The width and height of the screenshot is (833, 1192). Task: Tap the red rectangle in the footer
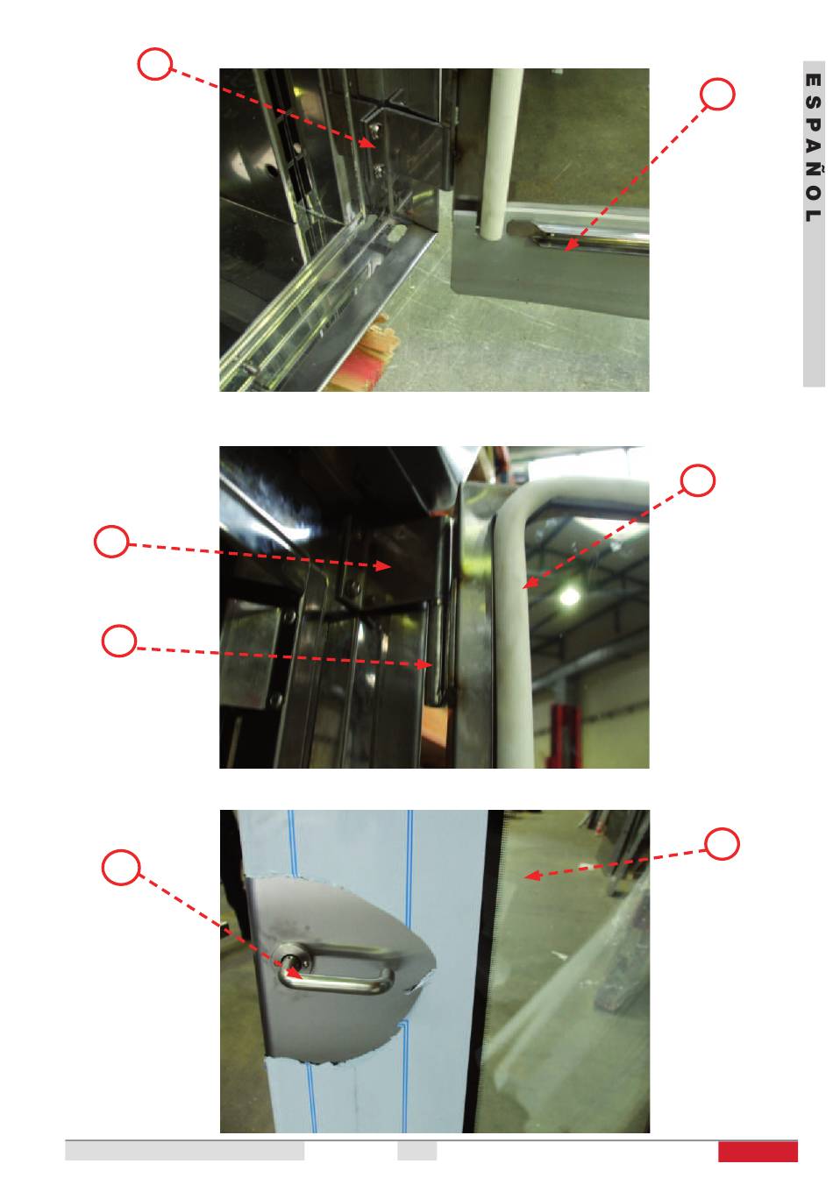tap(757, 1151)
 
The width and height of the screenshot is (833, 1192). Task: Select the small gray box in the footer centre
tap(416, 1151)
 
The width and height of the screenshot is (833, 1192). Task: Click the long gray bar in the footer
tap(184, 1151)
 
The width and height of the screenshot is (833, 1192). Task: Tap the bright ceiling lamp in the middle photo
tap(568, 597)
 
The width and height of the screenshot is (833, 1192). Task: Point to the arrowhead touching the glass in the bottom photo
tap(532, 875)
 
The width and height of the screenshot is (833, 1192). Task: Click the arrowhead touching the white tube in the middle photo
tap(530, 582)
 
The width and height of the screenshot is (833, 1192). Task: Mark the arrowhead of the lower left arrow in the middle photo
tap(424, 664)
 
